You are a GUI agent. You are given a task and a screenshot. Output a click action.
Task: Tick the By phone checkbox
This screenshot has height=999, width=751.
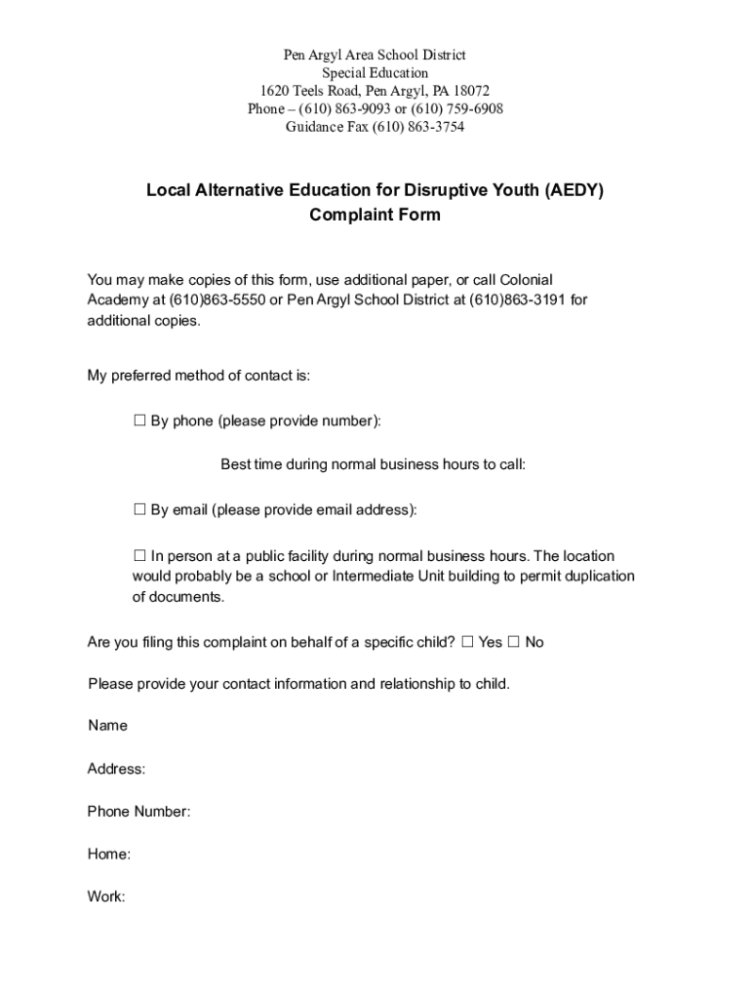[x=139, y=421]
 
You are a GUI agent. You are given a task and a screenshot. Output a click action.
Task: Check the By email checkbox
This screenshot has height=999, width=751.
[x=139, y=509]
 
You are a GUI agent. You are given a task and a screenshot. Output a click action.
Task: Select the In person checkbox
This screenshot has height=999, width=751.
[x=139, y=556]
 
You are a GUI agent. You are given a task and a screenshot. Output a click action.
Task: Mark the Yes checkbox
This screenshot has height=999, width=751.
[x=467, y=642]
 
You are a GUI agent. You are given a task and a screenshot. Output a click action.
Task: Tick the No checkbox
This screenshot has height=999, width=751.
[x=514, y=642]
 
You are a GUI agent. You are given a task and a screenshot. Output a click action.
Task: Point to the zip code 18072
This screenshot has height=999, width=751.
[x=470, y=91]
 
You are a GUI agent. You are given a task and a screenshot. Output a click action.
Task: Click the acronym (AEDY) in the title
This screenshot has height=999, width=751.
[x=574, y=190]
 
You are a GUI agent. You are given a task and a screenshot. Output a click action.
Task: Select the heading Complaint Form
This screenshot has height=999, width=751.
[x=375, y=215]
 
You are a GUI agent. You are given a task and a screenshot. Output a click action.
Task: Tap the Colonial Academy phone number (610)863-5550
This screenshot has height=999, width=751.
[x=217, y=300]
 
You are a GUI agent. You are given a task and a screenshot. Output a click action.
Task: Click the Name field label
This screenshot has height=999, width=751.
[x=107, y=726]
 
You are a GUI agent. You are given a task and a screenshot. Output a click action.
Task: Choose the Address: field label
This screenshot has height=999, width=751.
[x=116, y=769]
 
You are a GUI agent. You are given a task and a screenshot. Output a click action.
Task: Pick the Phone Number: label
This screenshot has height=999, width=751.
[x=138, y=812]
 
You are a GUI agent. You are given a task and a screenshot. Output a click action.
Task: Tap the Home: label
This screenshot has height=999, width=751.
[x=108, y=855]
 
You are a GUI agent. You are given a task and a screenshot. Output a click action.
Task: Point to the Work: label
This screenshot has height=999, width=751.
[x=106, y=897]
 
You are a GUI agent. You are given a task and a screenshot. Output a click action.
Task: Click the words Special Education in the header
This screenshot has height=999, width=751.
[x=375, y=73]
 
